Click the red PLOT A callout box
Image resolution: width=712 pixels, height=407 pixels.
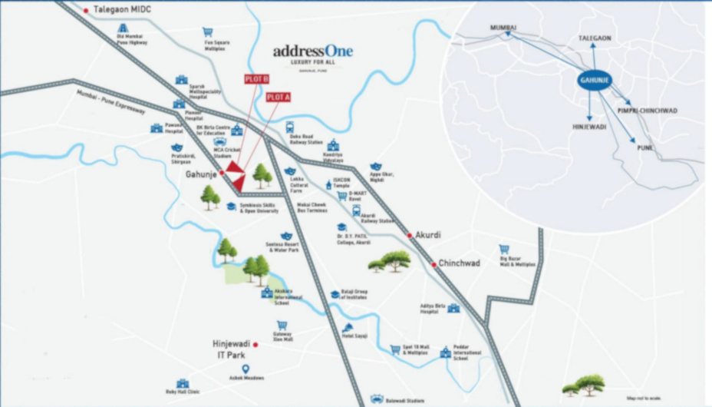279,98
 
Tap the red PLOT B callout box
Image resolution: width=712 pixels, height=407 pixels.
256,79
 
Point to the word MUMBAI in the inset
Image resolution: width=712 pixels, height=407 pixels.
503,28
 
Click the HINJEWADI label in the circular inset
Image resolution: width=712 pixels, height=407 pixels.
589,127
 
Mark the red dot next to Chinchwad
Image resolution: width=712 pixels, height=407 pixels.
433,265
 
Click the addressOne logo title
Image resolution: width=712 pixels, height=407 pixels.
313,52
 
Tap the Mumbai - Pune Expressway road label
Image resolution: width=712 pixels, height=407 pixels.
110,101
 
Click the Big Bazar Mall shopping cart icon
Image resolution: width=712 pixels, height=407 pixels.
504,249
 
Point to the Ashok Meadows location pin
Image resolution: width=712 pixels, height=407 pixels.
245,369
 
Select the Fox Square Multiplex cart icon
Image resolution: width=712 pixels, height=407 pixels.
207,32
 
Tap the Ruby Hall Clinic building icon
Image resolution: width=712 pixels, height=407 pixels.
183,383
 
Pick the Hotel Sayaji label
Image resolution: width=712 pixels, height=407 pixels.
356,336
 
